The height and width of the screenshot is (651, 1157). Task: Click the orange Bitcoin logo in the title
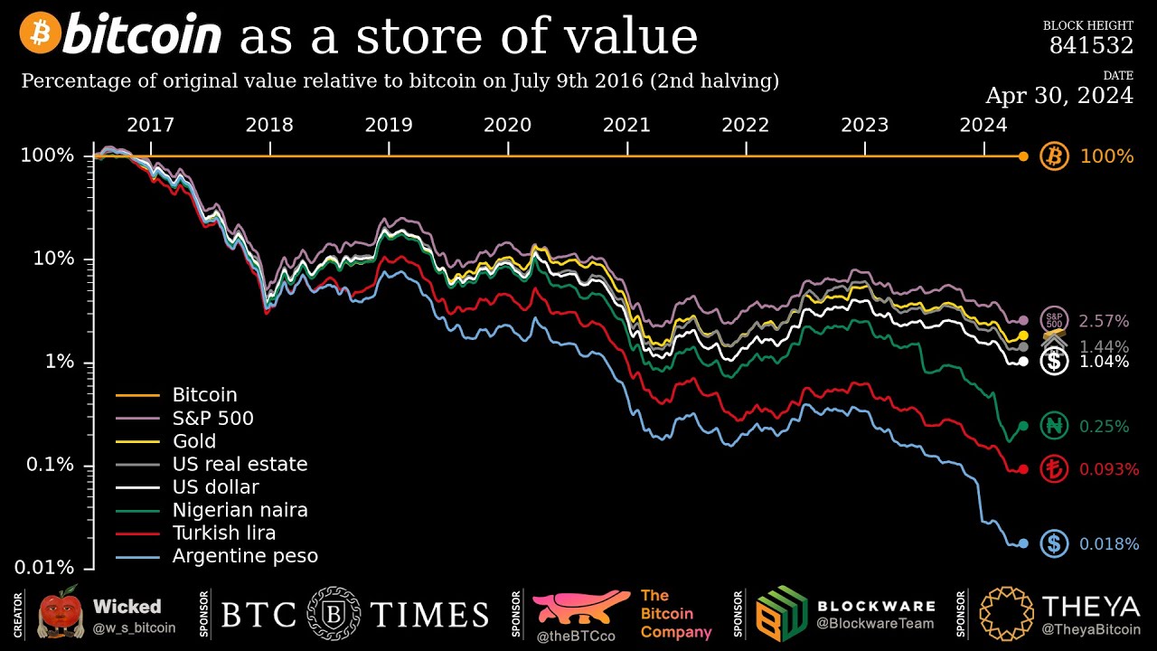pos(40,33)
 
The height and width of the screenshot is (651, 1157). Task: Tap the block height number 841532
pos(1091,45)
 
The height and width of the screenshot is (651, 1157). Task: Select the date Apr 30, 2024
pos(1058,95)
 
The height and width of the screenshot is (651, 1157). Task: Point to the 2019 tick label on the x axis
pos(388,125)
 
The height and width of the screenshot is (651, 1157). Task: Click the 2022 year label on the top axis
pos(745,125)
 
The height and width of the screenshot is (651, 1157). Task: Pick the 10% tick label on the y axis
pos(53,259)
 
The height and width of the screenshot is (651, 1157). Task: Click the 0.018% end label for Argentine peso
pos(1109,544)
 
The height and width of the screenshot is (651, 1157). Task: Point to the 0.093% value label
pos(1109,470)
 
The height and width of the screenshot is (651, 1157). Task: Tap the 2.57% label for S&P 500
pos(1104,321)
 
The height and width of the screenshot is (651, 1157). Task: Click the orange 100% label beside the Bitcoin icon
pos(1106,156)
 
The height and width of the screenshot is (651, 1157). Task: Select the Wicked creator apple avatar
pos(60,612)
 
